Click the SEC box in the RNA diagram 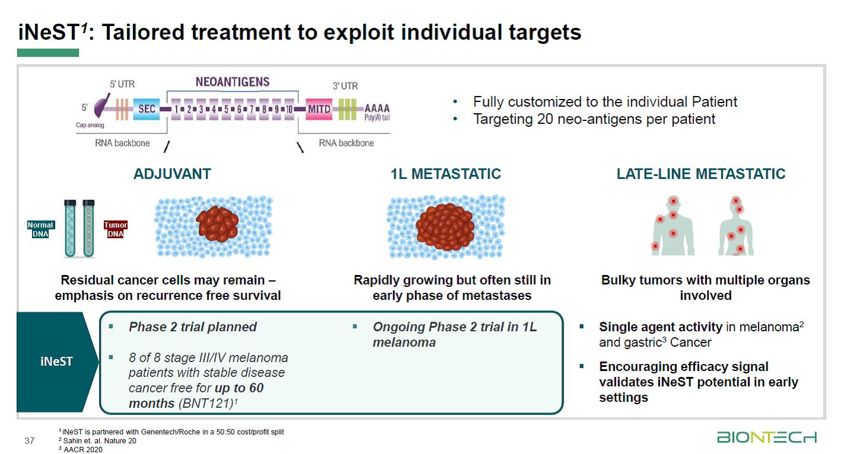(147, 110)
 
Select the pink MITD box (319, 110)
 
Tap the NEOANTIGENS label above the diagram (233, 82)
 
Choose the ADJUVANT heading (172, 174)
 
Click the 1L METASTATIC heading (445, 174)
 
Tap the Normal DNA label (40, 229)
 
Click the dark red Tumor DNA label (116, 229)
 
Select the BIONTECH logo (767, 437)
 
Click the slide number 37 (29, 440)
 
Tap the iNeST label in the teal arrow (56, 361)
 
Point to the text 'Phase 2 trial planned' (192, 327)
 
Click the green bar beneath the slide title (47, 53)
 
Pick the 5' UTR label (122, 85)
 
